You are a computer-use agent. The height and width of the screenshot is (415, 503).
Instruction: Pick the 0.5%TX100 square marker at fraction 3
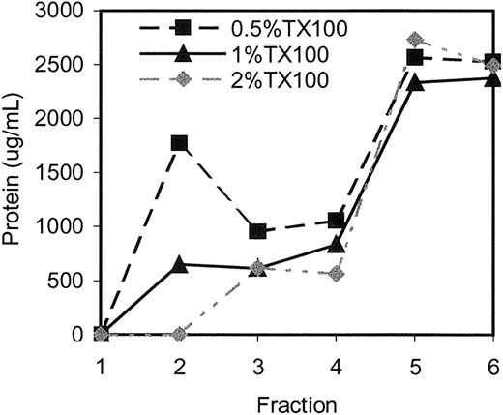coord(257,232)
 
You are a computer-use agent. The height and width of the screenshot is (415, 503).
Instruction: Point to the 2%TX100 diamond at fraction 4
coord(336,274)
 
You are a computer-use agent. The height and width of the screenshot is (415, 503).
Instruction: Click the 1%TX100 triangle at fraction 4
coord(336,245)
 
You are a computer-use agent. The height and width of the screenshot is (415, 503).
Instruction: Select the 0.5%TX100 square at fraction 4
coord(336,221)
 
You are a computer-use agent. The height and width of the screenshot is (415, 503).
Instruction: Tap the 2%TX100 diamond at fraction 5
coord(415,40)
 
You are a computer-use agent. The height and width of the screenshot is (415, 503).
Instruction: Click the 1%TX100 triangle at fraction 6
coord(493,78)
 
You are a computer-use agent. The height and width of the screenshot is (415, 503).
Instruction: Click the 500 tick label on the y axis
coord(70,281)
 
